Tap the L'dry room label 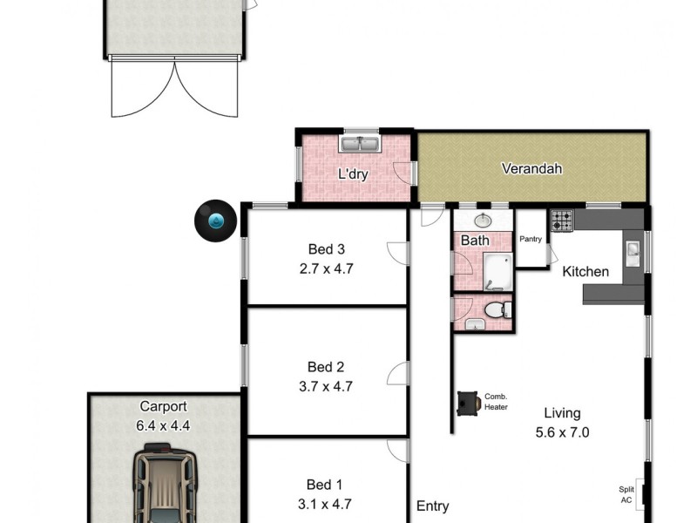[x=353, y=174]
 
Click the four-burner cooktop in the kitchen [x=561, y=221]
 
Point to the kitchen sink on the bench [x=633, y=254]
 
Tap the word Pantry [x=531, y=239]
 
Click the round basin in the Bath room [x=482, y=221]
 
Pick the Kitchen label [x=585, y=272]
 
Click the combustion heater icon [x=469, y=403]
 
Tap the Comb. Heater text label [x=496, y=401]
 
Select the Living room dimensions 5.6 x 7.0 [x=561, y=431]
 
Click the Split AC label [x=626, y=495]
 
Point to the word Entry [x=433, y=506]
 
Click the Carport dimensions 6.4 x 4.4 [x=164, y=426]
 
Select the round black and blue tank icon [x=214, y=220]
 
